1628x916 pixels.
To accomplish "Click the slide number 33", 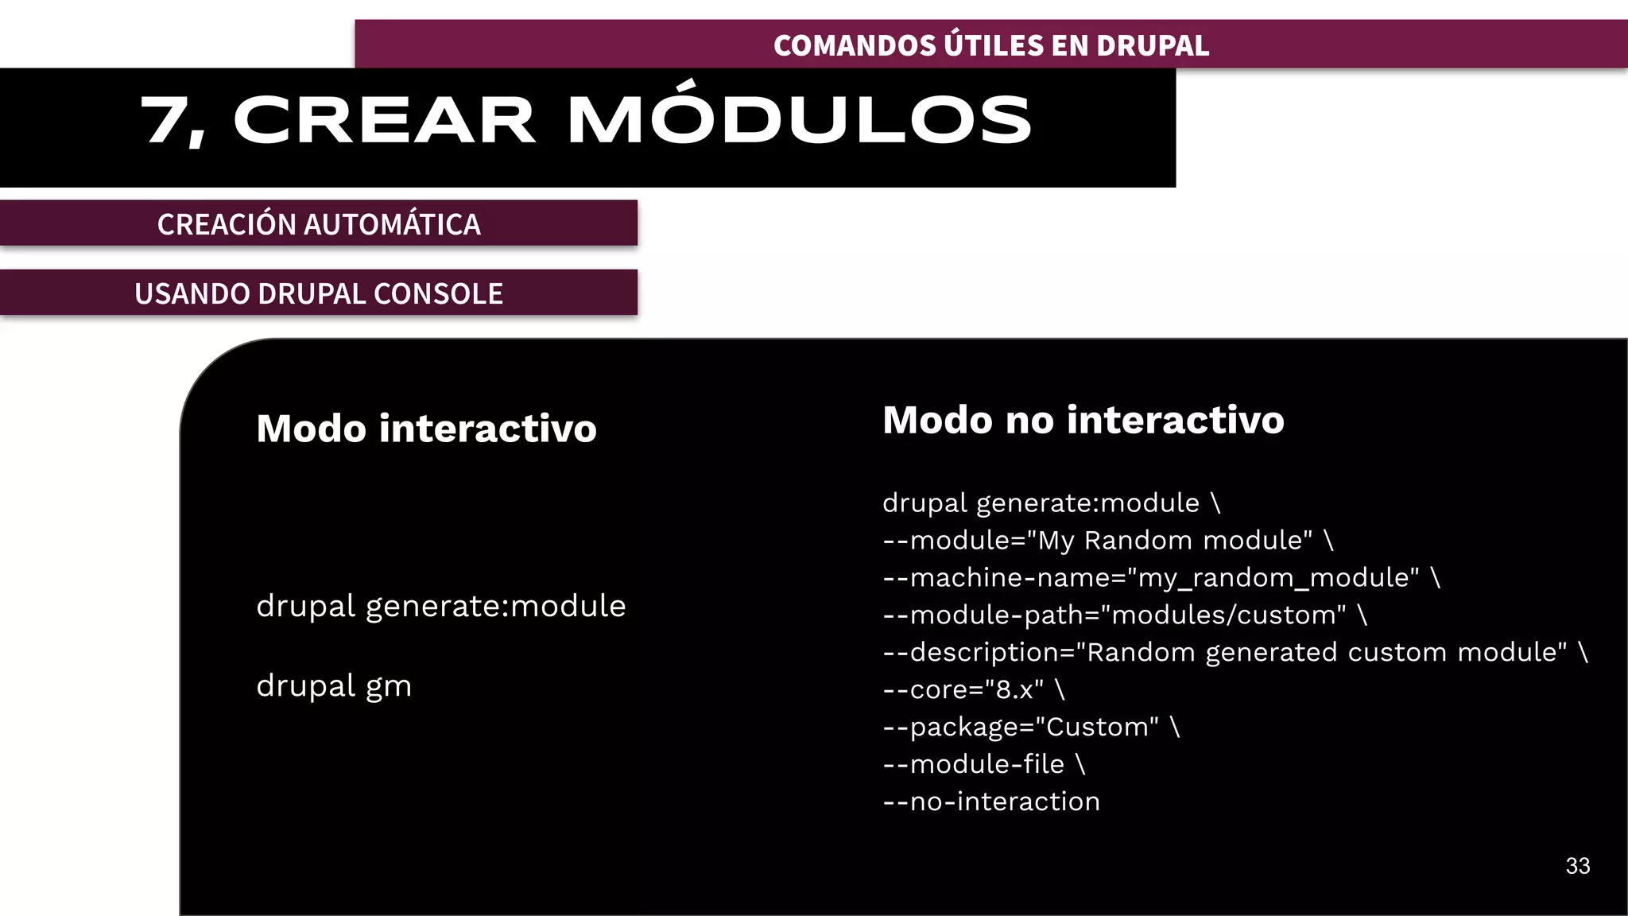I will pyautogui.click(x=1577, y=866).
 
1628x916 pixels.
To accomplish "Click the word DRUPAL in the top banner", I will pyautogui.click(x=1153, y=45).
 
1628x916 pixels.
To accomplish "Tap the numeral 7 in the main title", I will pyautogui.click(x=165, y=120).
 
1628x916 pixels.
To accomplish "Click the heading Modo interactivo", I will pyautogui.click(x=426, y=429).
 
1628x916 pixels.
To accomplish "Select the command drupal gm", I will pyautogui.click(x=334, y=685).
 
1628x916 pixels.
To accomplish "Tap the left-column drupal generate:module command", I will pyautogui.click(x=440, y=606).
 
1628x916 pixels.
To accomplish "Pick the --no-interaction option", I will pyautogui.click(x=991, y=801).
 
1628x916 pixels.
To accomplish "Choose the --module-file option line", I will pyautogui.click(x=974, y=764).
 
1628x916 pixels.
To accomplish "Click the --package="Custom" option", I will pyautogui.click(x=1021, y=727).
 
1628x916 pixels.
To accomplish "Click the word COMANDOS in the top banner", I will pyautogui.click(x=855, y=45).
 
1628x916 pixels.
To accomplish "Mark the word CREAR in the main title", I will pyautogui.click(x=384, y=120).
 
